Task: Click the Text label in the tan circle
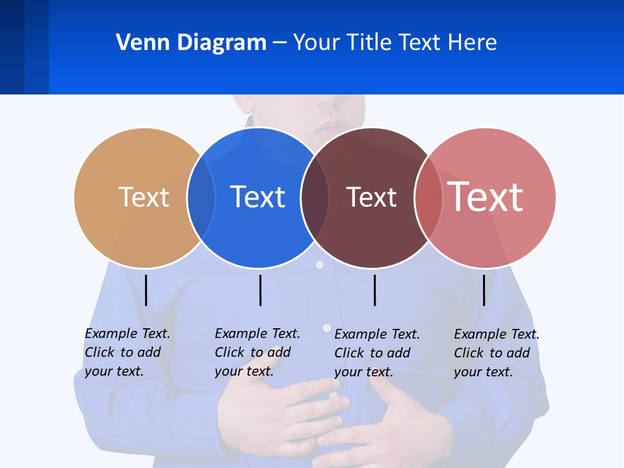(144, 197)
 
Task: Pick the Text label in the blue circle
(257, 197)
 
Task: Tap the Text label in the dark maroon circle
(371, 197)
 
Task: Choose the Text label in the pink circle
(485, 196)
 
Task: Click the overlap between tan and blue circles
(201, 197)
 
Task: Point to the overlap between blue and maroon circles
(315, 197)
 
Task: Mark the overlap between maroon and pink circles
(428, 197)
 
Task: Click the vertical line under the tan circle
(146, 290)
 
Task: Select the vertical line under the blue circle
(261, 290)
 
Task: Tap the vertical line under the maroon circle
(375, 290)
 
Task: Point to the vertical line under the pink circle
(484, 290)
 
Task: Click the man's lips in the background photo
(328, 127)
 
